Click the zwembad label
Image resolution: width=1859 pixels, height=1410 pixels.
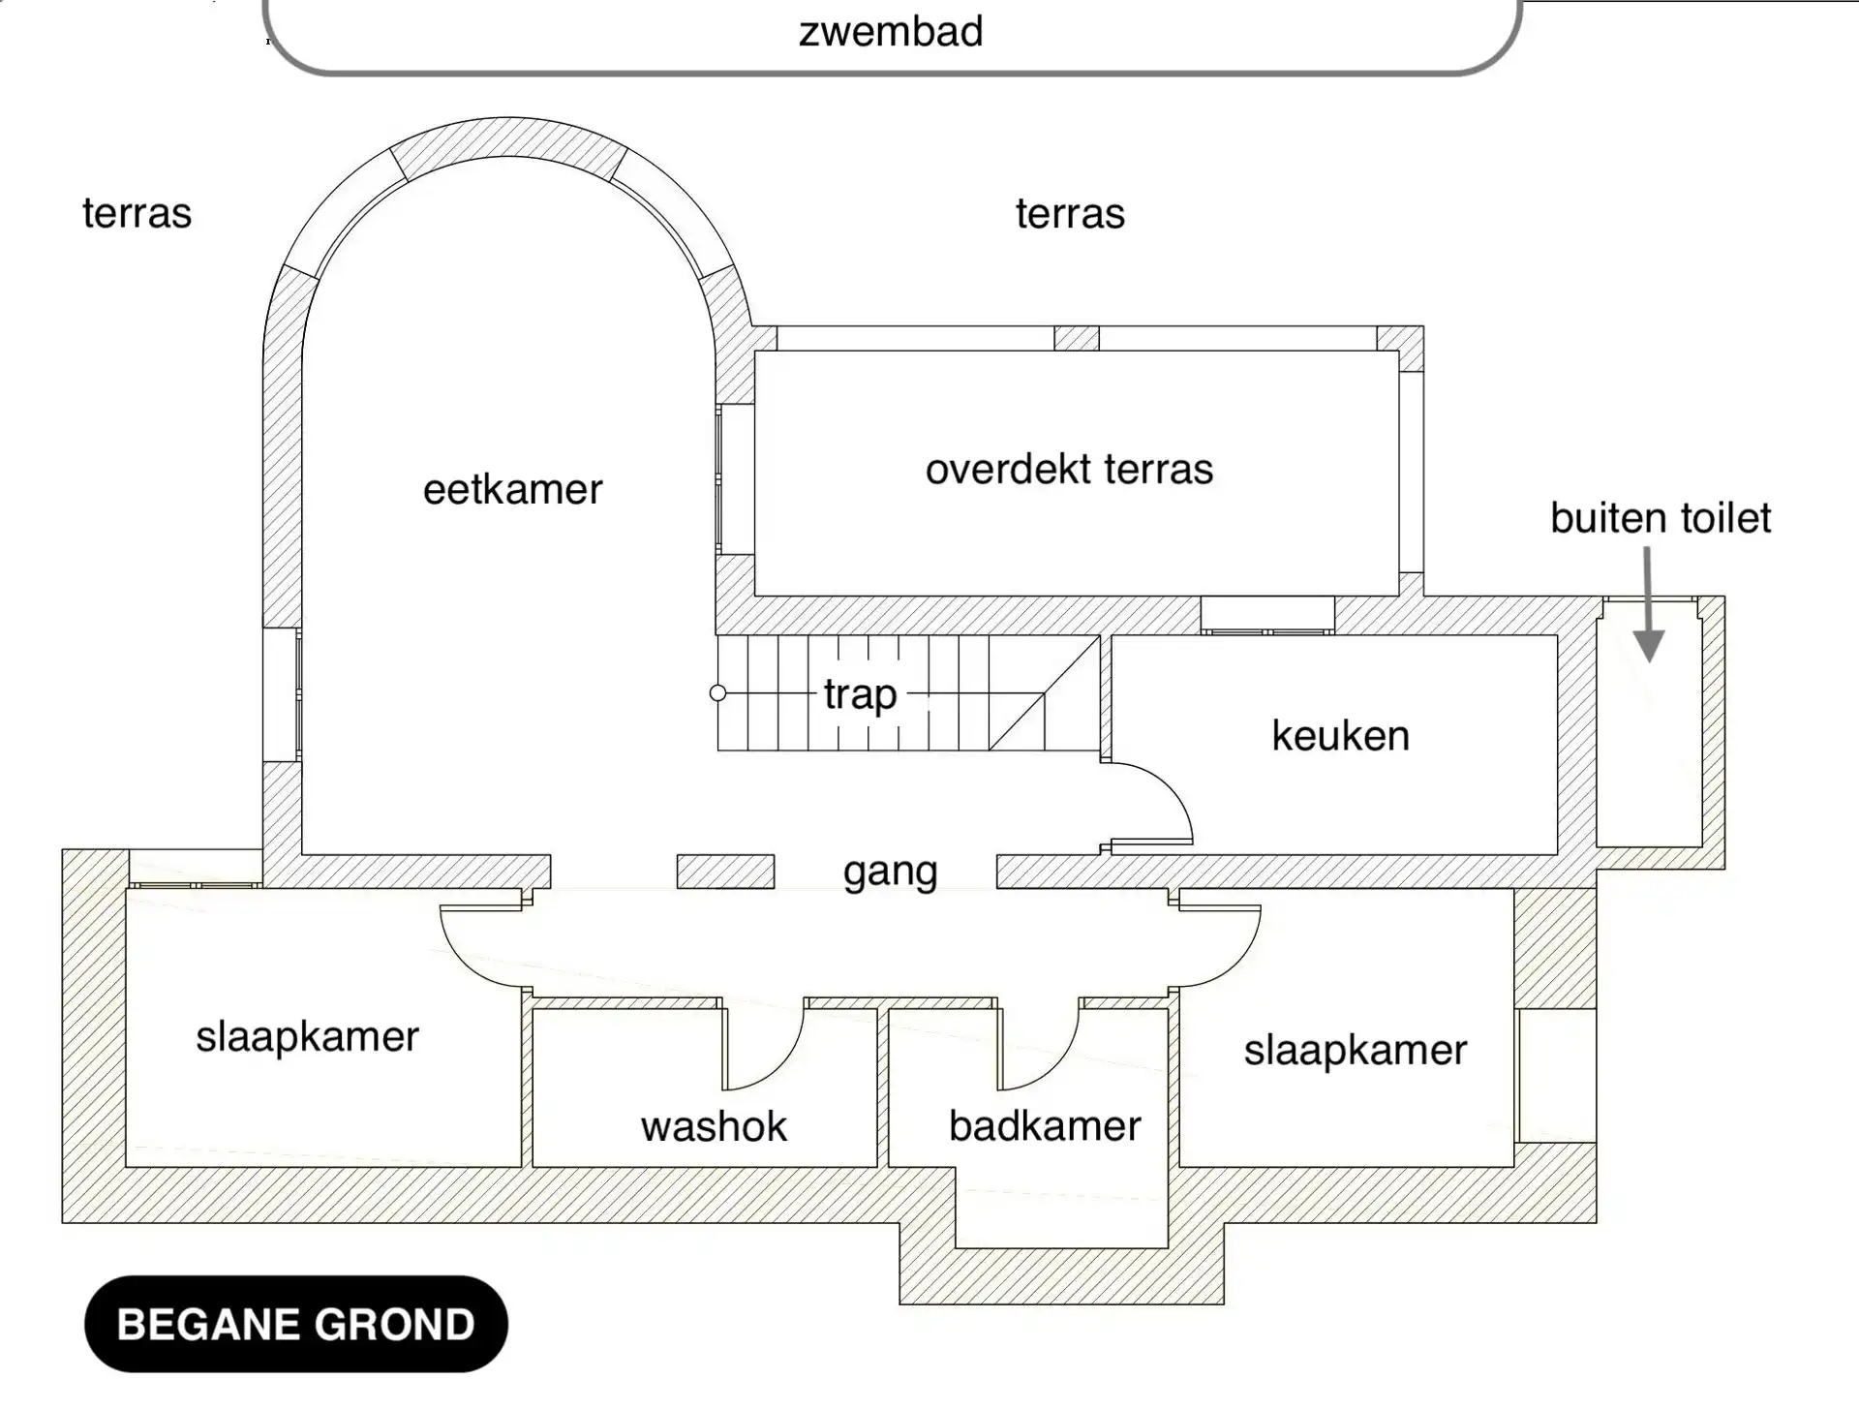[891, 32]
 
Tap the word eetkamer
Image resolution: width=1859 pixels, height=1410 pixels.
[512, 489]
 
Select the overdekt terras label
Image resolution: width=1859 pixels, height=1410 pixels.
[1069, 470]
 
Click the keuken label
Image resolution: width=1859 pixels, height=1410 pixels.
[1340, 736]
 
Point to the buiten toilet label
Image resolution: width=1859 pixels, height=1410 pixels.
[1661, 518]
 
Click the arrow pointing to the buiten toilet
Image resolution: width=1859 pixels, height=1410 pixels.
[1648, 605]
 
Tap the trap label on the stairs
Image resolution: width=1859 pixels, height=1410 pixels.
[860, 695]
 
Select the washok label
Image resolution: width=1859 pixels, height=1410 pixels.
[714, 1126]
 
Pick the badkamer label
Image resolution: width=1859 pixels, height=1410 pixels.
[1045, 1126]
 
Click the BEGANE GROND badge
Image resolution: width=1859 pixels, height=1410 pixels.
[296, 1324]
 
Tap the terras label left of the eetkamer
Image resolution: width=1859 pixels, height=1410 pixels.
[137, 213]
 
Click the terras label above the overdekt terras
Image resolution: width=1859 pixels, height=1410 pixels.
[1070, 213]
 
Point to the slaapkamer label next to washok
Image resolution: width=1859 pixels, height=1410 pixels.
[307, 1037]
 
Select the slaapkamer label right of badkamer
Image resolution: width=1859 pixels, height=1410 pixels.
[1356, 1051]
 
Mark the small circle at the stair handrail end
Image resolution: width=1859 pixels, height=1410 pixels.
[717, 692]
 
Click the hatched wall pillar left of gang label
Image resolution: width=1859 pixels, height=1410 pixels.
[725, 872]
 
